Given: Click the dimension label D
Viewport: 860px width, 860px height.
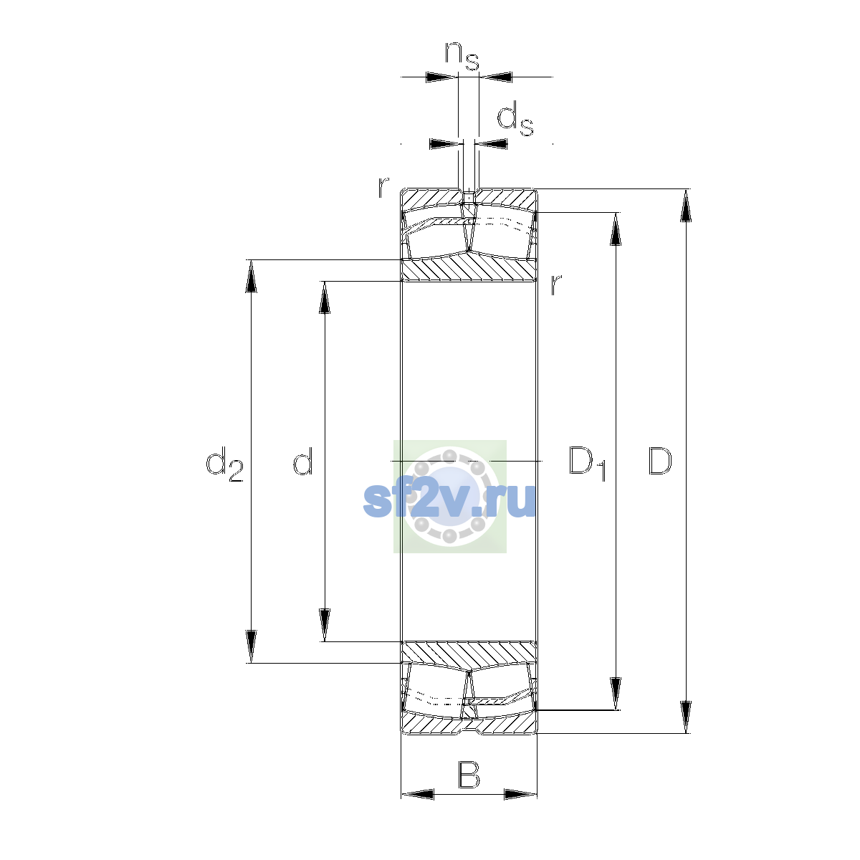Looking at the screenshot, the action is pos(659,461).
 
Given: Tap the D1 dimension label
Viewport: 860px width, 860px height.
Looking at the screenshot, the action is pos(588,463).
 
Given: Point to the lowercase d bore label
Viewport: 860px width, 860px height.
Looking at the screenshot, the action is pos(303,461).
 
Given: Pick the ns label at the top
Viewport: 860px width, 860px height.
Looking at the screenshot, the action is pos(462,55).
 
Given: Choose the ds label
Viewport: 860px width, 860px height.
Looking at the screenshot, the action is pos(515,118).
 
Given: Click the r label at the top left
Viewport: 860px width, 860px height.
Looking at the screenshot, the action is pos(383,187).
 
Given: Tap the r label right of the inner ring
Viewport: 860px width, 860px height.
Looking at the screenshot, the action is pos(555,285).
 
